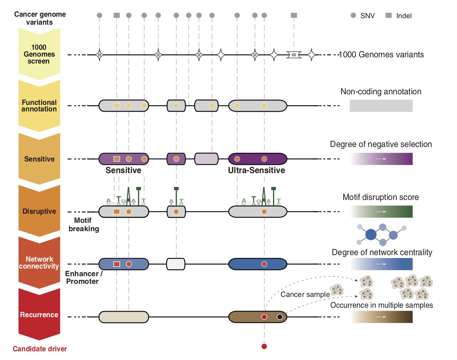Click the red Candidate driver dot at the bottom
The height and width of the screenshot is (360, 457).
tap(264, 346)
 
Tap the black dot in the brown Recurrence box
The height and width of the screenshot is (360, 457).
tap(280, 317)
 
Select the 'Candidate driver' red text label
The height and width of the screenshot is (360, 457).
tap(40, 349)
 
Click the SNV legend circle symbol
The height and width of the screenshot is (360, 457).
tap(353, 15)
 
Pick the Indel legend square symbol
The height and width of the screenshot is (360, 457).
tap(388, 15)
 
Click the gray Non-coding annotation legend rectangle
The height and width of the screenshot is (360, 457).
tap(381, 106)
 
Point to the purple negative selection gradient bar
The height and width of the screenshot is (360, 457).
tap(381, 159)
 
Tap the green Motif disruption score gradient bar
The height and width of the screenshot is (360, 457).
tap(381, 212)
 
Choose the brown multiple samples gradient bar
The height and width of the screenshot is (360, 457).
tap(381, 317)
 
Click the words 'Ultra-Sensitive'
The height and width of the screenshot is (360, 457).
tap(256, 170)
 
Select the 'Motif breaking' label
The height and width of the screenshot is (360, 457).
tap(83, 225)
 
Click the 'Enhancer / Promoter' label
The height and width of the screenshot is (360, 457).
tap(83, 278)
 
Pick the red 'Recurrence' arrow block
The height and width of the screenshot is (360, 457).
tap(39, 314)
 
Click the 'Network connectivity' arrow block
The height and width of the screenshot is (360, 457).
tap(39, 262)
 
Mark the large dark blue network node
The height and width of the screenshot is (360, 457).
tap(371, 235)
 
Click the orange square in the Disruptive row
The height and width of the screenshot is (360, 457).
tap(117, 212)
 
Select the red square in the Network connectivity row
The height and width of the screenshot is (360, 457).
tap(117, 264)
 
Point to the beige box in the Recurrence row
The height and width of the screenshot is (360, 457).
tap(124, 317)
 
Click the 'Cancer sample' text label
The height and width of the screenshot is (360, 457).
tap(305, 294)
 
